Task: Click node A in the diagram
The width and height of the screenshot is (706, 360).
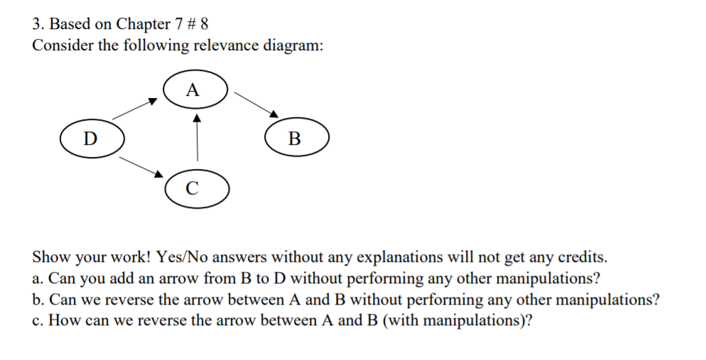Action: click(x=195, y=90)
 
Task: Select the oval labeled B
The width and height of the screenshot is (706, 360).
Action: click(x=296, y=137)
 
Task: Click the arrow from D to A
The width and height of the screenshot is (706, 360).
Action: click(x=134, y=109)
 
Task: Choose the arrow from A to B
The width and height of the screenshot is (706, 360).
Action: click(x=254, y=104)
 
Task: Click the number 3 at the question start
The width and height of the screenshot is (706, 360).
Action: click(x=37, y=23)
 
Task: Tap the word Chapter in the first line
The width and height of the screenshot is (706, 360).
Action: click(x=142, y=23)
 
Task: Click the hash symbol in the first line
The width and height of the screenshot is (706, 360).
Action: click(x=192, y=23)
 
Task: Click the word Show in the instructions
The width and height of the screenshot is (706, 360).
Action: click(x=49, y=256)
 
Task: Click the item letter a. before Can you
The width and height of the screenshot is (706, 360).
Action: click(x=38, y=278)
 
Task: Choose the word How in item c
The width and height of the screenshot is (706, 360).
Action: click(x=63, y=320)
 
